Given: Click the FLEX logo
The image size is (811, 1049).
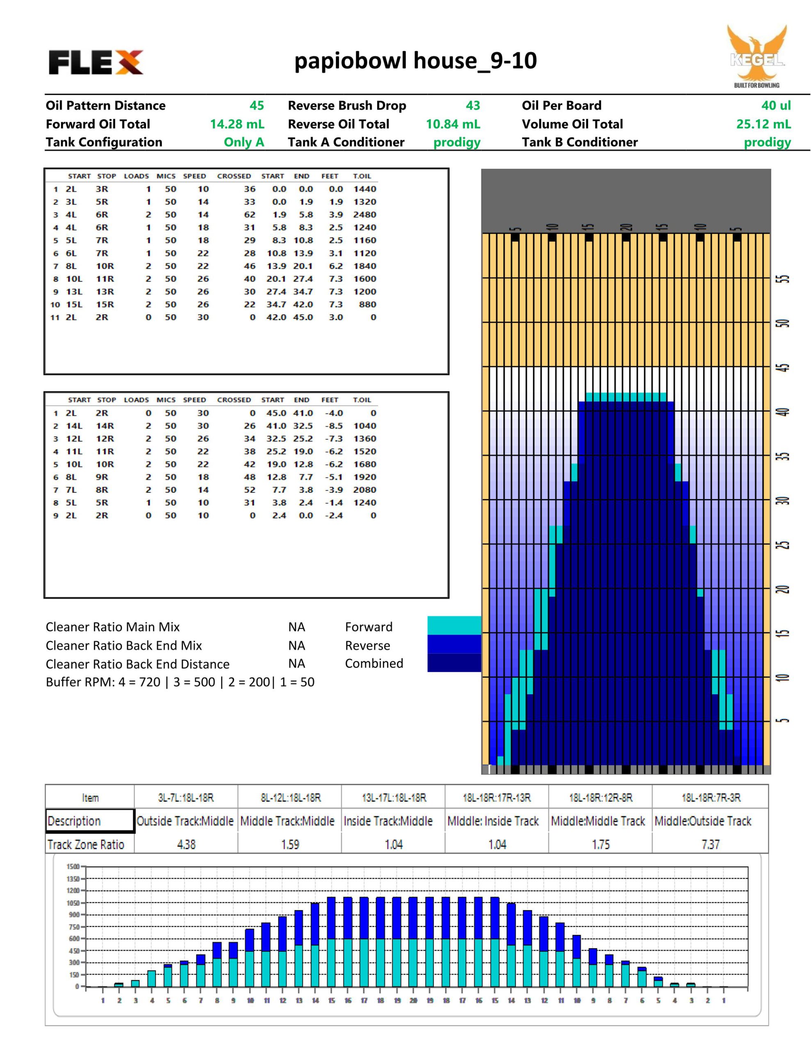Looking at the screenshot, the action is pyautogui.click(x=96, y=62).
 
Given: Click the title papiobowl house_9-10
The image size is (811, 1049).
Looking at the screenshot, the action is pyautogui.click(x=415, y=61).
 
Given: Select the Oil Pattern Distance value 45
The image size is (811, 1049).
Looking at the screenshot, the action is pyautogui.click(x=257, y=106).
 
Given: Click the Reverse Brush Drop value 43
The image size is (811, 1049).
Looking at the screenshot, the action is pyautogui.click(x=473, y=106).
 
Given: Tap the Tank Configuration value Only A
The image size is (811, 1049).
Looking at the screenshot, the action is pyautogui.click(x=244, y=142).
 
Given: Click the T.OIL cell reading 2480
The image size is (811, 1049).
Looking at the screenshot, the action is pyautogui.click(x=364, y=215).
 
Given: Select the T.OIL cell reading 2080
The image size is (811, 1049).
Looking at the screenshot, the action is pyautogui.click(x=364, y=490).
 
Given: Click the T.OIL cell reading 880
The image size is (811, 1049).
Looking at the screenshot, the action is pyautogui.click(x=367, y=304).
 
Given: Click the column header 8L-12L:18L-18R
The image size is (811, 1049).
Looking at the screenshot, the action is pyautogui.click(x=290, y=798).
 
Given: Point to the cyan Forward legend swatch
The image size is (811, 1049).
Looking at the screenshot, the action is pyautogui.click(x=454, y=625).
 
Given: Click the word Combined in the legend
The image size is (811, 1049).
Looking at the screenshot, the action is pyautogui.click(x=374, y=663).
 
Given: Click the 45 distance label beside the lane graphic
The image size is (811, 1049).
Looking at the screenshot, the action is pyautogui.click(x=784, y=368).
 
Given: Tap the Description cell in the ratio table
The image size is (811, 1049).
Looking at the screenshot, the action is pyautogui.click(x=90, y=821).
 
